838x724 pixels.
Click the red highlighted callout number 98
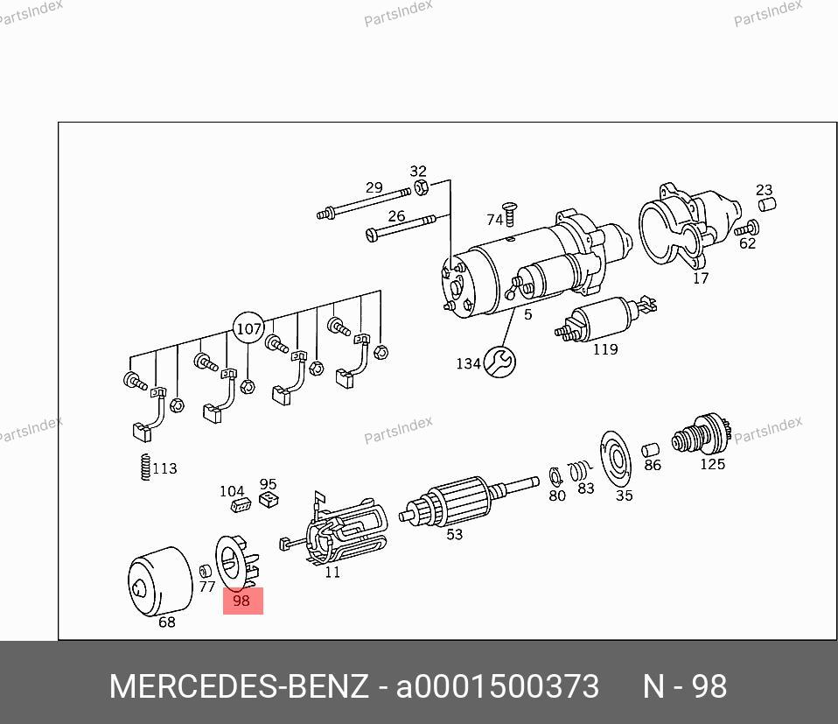click(x=242, y=601)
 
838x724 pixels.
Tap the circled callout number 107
click(x=248, y=328)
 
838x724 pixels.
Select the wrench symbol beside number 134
click(x=499, y=362)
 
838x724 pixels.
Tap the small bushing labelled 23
click(x=767, y=204)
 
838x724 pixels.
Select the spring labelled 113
click(x=145, y=467)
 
